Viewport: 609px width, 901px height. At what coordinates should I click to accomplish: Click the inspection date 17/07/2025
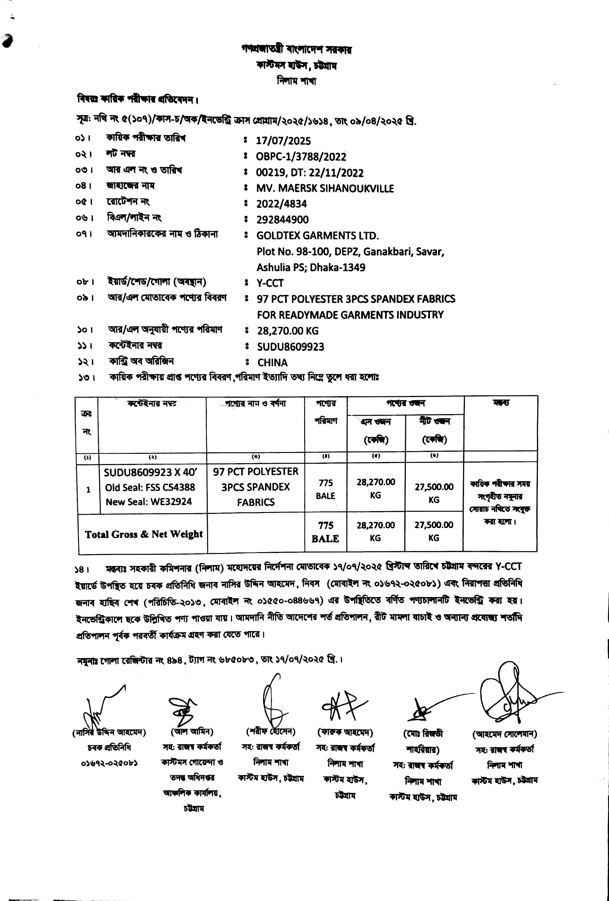coord(283,141)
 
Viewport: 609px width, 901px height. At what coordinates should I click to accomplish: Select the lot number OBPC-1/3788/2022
coord(301,156)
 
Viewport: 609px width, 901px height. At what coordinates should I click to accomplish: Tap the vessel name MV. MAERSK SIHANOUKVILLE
coord(325,188)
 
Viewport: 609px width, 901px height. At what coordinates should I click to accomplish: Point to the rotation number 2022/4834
coord(281,204)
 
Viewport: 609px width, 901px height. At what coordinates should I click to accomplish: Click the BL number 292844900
coord(282,220)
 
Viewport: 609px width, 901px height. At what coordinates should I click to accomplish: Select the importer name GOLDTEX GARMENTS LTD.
coord(317,236)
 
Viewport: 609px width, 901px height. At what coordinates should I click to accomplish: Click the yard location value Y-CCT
coord(270,283)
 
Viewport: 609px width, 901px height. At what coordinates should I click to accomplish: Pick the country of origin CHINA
coord(273,362)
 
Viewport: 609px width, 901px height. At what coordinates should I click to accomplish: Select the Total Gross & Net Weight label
coord(144,534)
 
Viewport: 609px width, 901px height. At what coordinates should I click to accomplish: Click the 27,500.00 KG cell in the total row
coord(434,531)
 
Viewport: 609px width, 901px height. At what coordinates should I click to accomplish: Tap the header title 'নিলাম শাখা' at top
coord(297,81)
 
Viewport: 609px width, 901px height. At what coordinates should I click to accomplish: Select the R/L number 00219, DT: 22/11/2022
coord(310,172)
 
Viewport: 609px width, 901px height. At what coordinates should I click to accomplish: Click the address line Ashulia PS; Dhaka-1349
coord(311,267)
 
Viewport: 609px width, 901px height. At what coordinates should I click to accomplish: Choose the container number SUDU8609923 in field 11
coord(291,346)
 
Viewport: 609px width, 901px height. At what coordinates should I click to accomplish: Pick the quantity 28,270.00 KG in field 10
coord(288,331)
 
